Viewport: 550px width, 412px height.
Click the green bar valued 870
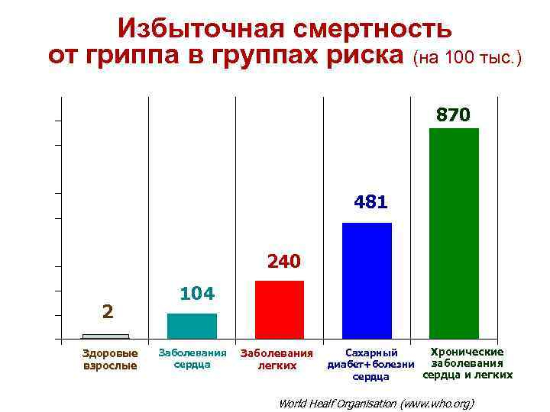[454, 233]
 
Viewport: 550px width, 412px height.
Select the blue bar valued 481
[367, 280]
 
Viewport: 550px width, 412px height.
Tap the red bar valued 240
[280, 309]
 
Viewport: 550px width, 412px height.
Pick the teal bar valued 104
[192, 325]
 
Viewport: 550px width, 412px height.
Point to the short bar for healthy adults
[105, 336]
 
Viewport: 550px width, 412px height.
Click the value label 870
[454, 115]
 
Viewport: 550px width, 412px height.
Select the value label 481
[371, 203]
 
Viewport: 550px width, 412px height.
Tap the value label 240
[284, 262]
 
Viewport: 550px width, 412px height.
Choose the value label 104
[196, 294]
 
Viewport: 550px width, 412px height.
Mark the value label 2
[108, 311]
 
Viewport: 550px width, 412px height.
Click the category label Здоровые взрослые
[110, 359]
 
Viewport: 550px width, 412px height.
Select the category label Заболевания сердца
[192, 359]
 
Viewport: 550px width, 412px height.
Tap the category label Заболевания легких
[277, 359]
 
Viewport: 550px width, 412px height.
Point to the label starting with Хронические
[467, 363]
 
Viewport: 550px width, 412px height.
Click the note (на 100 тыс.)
[467, 58]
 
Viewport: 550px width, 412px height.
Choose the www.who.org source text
[436, 402]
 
